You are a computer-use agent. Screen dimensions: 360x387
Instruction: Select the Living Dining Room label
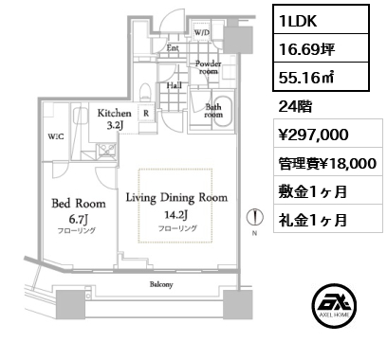tap(176, 197)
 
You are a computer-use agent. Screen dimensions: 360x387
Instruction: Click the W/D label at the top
tap(202, 32)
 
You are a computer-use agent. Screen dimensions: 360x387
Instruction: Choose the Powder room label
tap(208, 67)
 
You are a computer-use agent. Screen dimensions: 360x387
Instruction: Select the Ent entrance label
tap(174, 46)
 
